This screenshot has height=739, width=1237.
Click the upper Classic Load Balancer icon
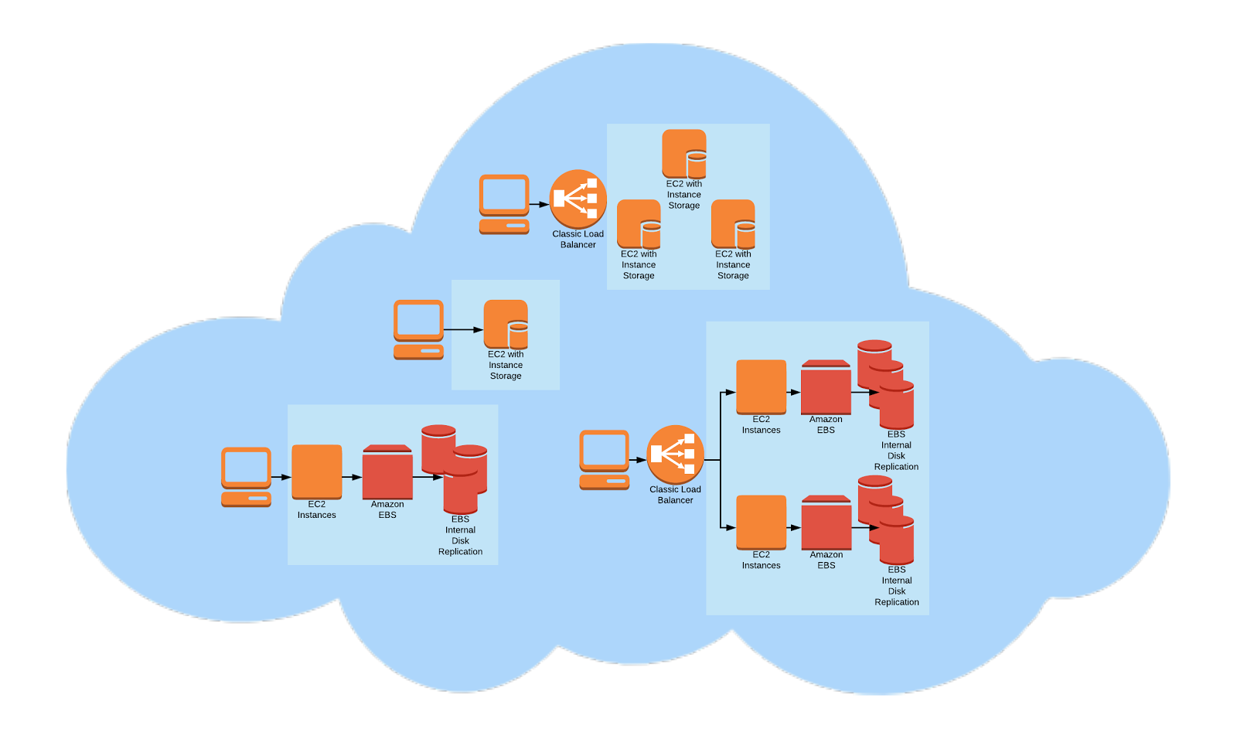578,199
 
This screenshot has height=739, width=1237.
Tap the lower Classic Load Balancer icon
675,455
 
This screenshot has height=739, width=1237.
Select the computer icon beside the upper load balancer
504,204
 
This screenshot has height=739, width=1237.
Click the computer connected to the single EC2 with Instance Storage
418,329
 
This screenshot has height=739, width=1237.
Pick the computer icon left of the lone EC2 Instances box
246,477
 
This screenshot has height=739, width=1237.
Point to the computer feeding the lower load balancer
604,460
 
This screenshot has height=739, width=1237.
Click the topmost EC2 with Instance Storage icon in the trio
684,154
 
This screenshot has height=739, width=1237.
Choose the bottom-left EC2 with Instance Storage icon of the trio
639,224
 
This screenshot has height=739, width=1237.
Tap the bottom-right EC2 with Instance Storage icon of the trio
733,224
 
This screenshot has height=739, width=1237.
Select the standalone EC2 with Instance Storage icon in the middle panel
506,325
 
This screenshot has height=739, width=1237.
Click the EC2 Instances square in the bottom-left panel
316,472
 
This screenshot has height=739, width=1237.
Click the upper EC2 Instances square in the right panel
761,387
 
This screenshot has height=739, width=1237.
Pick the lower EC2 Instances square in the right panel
761,522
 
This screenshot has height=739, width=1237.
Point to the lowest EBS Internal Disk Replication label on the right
897,586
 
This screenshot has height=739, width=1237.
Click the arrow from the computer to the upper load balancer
539,205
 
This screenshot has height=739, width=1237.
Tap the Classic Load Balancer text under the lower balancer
675,495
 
